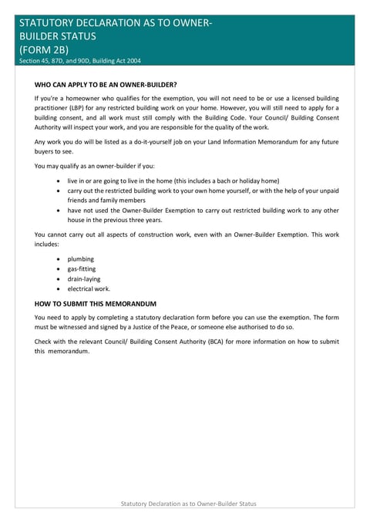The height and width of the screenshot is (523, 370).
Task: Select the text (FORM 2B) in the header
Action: coord(44,49)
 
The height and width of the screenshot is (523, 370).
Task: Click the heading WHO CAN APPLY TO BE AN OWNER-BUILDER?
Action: coord(106,83)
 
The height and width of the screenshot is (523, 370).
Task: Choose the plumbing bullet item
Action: coord(80,259)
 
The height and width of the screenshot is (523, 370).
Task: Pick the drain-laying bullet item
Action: coord(83,279)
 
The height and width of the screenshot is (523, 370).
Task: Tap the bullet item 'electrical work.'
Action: coord(89,289)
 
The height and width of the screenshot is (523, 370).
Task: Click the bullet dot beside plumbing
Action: coord(59,259)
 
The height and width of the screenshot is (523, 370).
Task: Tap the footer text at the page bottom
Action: coord(189,503)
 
